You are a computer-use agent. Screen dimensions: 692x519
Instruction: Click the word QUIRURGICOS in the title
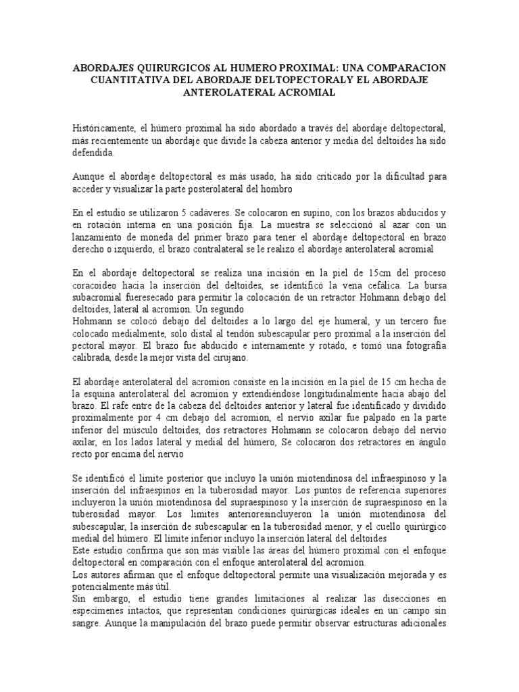(x=174, y=69)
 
